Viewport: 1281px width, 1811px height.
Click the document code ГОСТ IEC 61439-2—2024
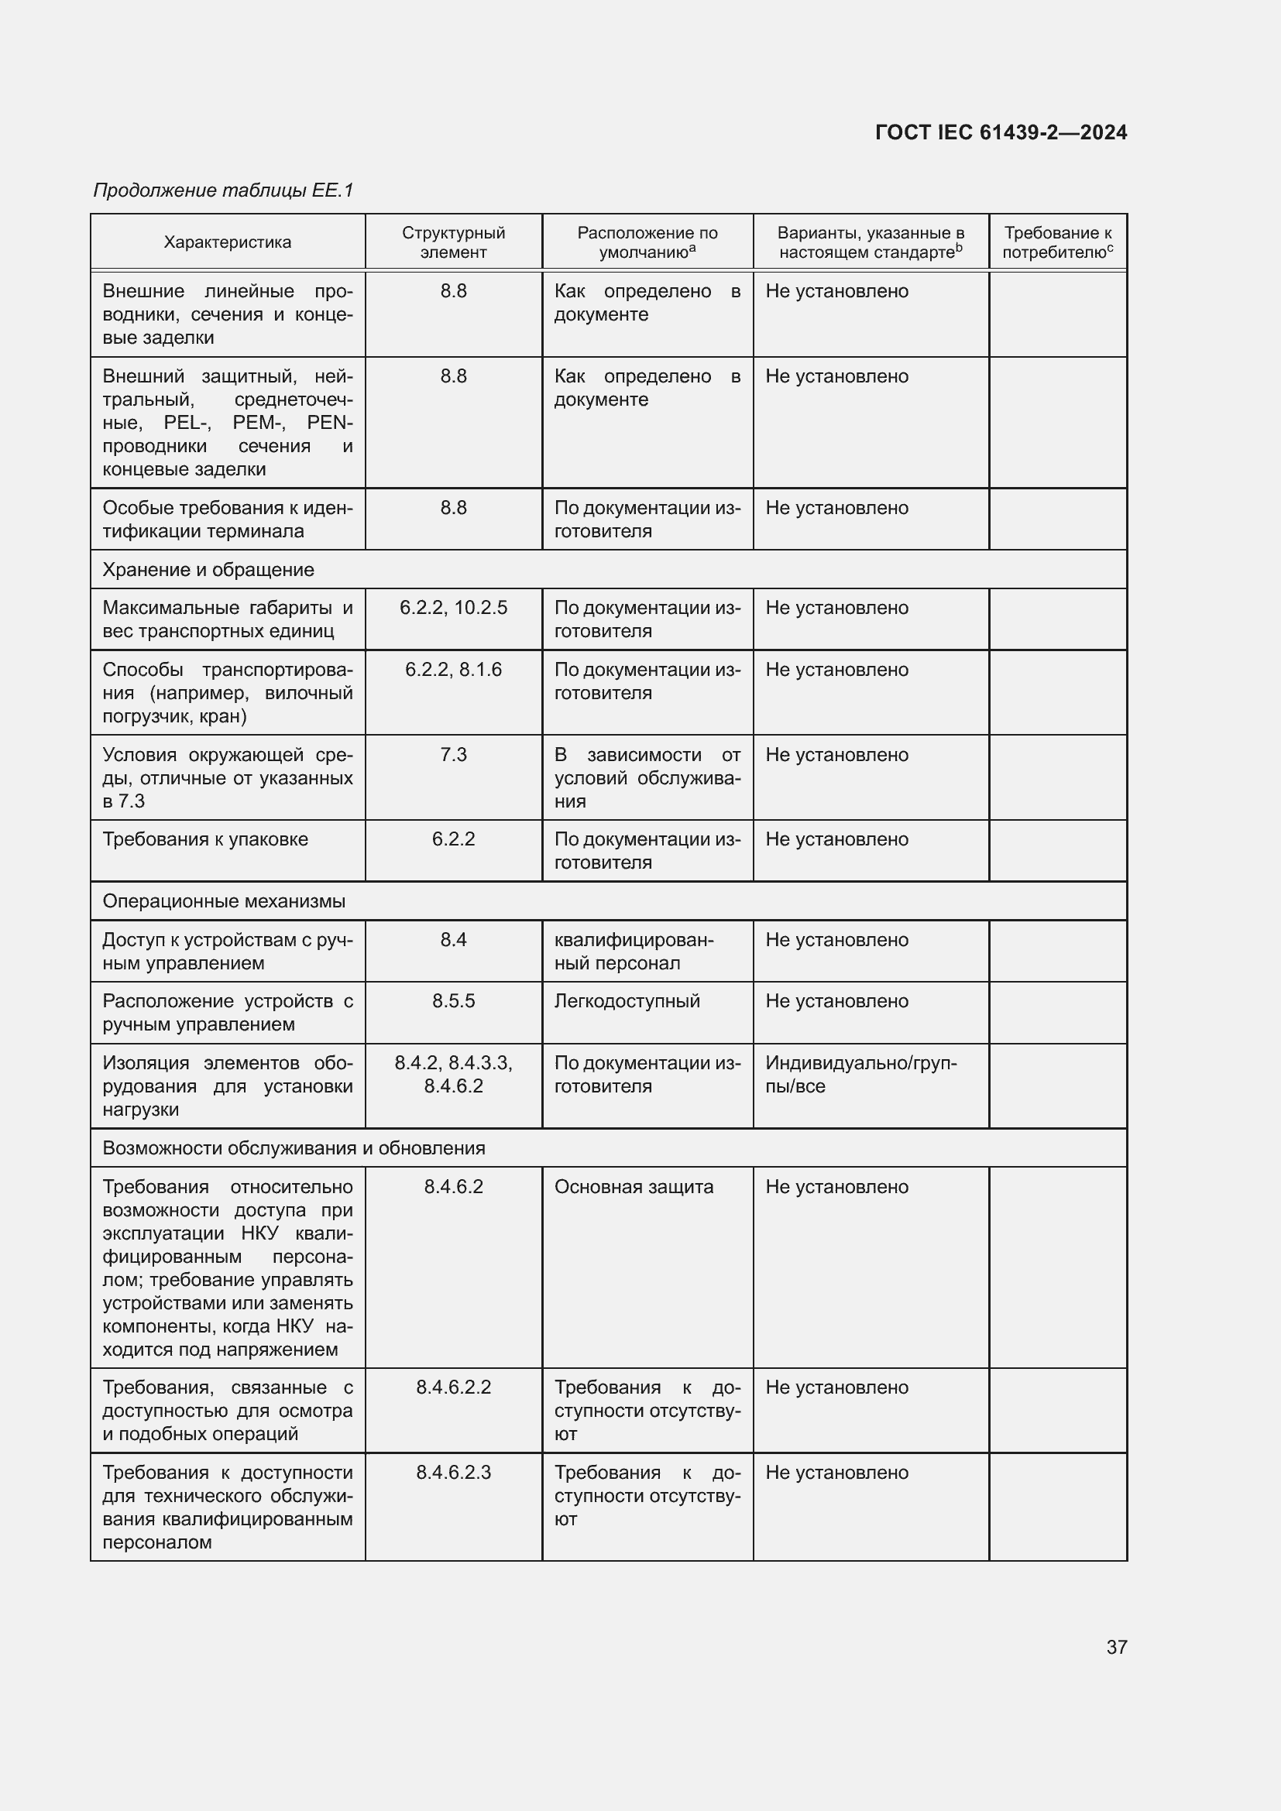tap(1000, 132)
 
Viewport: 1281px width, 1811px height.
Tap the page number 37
tap(1116, 1647)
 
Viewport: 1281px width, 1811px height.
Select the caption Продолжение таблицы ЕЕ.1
tap(223, 190)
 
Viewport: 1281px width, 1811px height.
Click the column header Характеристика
tap(227, 242)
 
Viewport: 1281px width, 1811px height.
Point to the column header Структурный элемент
tap(453, 242)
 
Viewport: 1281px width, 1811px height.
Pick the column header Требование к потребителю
tap(1057, 242)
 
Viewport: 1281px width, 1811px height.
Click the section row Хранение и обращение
tap(208, 570)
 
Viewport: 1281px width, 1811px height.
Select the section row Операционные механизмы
tap(224, 900)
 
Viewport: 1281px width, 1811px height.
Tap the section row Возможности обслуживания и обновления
tap(294, 1147)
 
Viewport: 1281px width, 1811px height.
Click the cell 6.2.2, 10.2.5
tap(453, 607)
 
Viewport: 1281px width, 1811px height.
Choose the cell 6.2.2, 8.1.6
tap(453, 670)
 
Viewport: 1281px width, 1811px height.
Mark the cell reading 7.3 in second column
tap(453, 755)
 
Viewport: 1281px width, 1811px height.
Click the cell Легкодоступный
tap(627, 1001)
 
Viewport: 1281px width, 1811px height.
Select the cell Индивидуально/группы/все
tap(860, 1075)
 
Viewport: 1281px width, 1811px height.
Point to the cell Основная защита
tap(634, 1187)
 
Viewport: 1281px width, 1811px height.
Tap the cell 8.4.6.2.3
tap(453, 1473)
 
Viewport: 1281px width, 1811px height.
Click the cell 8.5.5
tap(453, 1001)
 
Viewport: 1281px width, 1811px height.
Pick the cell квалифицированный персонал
tap(634, 952)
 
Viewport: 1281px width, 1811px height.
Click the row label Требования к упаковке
tap(205, 839)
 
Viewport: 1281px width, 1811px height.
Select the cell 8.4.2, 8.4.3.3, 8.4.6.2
tap(453, 1075)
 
